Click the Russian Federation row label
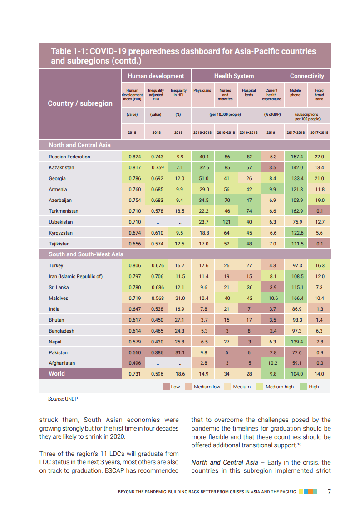[69, 157]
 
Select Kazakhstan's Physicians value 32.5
[204, 167]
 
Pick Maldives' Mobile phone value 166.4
[296, 298]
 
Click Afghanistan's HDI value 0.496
[134, 363]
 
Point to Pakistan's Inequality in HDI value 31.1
[179, 352]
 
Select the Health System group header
[234, 76]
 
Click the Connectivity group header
[307, 76]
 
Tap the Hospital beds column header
[249, 93]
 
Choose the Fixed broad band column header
[319, 94]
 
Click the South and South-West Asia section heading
[86, 254]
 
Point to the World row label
[57, 374]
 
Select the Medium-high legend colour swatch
[260, 387]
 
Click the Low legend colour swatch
[166, 387]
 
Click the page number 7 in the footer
[330, 491]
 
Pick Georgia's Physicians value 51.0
[204, 178]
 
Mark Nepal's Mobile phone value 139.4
[296, 342]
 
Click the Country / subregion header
[80, 103]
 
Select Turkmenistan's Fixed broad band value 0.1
[319, 211]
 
